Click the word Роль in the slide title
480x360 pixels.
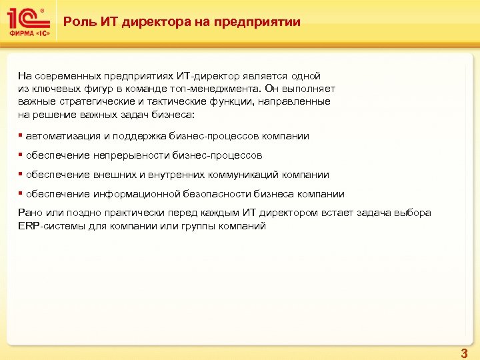(x=77, y=22)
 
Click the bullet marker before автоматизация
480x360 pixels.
(x=20, y=136)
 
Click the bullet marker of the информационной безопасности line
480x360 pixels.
(x=20, y=194)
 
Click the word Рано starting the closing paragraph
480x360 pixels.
(x=29, y=213)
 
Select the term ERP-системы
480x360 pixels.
(x=47, y=226)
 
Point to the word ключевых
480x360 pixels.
(x=51, y=89)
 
